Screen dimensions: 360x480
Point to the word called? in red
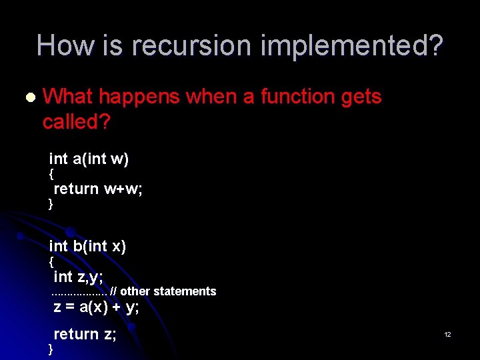pos(76,121)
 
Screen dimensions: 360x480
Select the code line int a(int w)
pos(89,159)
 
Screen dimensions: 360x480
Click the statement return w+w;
pos(98,189)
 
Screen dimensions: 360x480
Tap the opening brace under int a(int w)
pos(51,175)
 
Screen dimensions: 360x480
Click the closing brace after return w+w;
pos(51,205)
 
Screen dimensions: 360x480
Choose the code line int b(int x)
pos(87,246)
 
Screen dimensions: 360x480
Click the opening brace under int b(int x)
pos(51,262)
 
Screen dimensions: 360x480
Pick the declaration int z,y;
pos(77,276)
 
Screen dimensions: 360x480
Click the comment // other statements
pos(163,291)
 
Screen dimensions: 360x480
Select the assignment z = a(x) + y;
pos(96,307)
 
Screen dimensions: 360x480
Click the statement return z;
pos(85,334)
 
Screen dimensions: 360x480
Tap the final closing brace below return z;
pos(51,350)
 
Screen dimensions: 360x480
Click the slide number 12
pos(448,334)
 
